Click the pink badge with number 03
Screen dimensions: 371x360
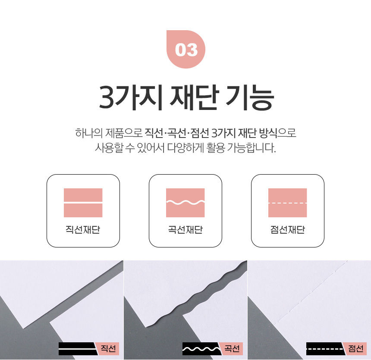pos(186,50)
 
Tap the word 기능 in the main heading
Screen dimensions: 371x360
pos(250,97)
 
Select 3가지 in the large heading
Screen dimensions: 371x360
pos(131,97)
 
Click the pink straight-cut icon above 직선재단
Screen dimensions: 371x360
pos(83,203)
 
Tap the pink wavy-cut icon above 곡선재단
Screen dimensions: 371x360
pos(185,203)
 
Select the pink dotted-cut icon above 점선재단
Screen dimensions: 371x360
pos(287,203)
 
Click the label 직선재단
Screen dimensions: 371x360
pos(83,229)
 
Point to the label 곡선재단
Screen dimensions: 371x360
pos(185,229)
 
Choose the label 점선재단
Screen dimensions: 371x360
pos(287,229)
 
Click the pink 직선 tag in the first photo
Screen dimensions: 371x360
pos(108,349)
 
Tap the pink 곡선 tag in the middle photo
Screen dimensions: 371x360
pos(231,349)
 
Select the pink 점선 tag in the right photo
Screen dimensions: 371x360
pos(355,349)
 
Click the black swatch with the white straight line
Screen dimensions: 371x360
pos(78,349)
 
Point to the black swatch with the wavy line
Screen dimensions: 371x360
pos(202,349)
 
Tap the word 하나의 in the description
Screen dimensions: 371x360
pos(89,133)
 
